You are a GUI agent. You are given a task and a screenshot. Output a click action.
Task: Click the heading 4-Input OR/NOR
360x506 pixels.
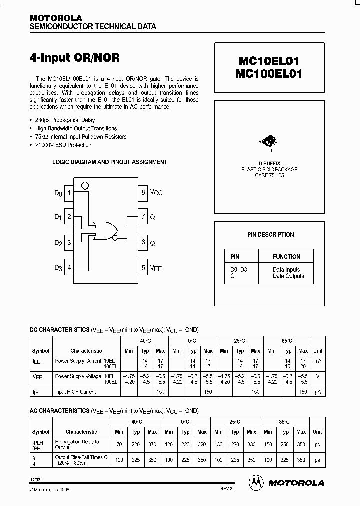(75, 57)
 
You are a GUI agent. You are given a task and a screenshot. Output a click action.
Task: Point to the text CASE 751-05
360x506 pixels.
(269, 176)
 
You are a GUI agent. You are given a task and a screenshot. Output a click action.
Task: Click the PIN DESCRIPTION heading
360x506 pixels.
(270, 235)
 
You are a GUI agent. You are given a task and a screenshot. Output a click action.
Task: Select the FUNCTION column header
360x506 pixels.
(286, 257)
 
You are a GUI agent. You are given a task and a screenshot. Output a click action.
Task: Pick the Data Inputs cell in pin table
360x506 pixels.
(286, 270)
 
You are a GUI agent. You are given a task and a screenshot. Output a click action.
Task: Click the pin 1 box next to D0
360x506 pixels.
(69, 193)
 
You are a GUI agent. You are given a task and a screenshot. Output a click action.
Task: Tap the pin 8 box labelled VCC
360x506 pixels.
(143, 193)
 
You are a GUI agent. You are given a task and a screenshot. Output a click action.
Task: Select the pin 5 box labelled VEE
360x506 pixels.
(143, 268)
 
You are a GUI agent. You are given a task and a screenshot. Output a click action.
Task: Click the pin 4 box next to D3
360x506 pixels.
(69, 268)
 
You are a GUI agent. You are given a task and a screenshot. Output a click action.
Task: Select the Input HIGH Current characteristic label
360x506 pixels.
(76, 392)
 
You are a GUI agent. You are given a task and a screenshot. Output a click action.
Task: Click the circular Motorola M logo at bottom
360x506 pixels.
(256, 482)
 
